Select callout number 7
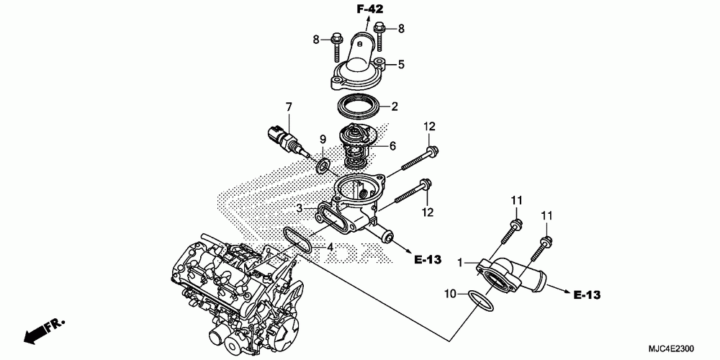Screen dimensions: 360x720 (x=288, y=108)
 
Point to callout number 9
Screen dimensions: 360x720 (x=323, y=138)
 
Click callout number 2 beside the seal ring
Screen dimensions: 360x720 (x=395, y=107)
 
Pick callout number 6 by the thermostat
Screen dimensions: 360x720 (x=393, y=145)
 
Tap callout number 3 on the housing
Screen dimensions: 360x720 (x=298, y=208)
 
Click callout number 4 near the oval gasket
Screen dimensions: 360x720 (x=330, y=248)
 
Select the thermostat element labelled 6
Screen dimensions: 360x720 (x=360, y=147)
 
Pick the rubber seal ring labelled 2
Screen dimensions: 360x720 (x=361, y=105)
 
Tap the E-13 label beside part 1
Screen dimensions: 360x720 (x=588, y=294)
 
